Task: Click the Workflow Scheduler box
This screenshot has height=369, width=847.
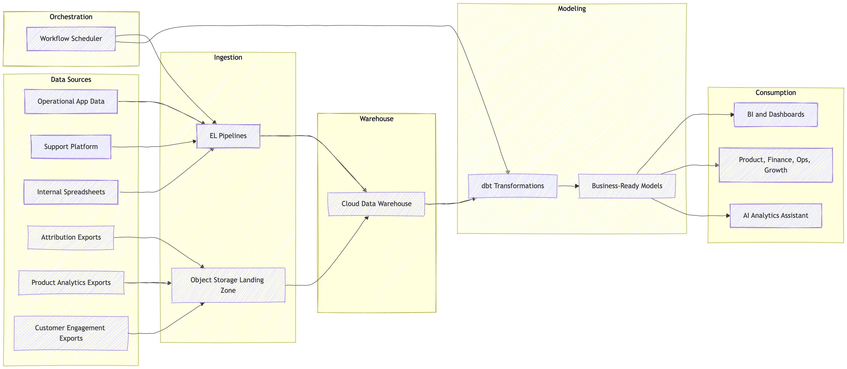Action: tap(71, 39)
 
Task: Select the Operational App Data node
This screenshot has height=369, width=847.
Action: tap(71, 102)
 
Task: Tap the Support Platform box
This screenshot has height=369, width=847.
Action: tap(71, 147)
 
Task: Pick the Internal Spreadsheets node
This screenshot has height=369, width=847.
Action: tap(71, 192)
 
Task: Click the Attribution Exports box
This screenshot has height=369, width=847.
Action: tap(71, 237)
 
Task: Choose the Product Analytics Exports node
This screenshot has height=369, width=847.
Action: tap(71, 283)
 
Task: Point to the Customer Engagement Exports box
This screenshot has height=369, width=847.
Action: tap(71, 333)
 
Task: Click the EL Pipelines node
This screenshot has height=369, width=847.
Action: tap(228, 136)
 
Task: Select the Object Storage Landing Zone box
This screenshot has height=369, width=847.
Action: tap(228, 285)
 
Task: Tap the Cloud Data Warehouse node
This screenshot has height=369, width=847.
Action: tap(377, 204)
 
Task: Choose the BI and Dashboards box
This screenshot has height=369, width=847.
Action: tap(776, 115)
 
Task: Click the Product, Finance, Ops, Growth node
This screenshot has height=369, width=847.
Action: tap(776, 165)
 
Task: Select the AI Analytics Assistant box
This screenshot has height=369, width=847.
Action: tap(776, 216)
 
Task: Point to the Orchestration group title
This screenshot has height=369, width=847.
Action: tap(71, 17)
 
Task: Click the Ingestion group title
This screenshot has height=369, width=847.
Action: tap(228, 58)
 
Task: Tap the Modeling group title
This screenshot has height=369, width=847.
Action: tap(572, 8)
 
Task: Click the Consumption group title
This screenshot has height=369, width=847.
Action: tap(776, 93)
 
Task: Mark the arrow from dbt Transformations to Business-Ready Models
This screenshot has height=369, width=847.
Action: tap(568, 186)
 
